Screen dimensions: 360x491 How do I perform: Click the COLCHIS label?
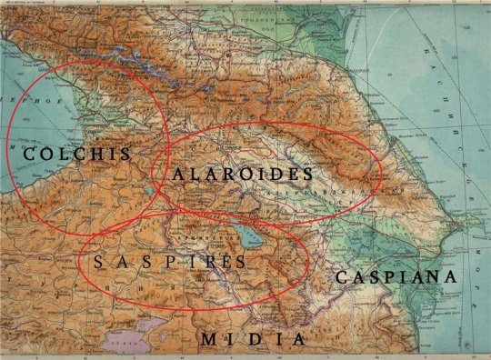(x=76, y=154)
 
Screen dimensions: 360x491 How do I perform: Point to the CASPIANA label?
(x=395, y=276)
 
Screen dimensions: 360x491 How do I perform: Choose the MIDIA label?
(x=253, y=339)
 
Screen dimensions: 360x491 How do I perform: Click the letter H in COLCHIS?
(x=93, y=154)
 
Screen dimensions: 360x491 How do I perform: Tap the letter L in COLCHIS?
(x=61, y=154)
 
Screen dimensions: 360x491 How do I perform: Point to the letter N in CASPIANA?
(x=434, y=276)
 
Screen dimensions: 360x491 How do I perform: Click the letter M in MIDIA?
(x=210, y=339)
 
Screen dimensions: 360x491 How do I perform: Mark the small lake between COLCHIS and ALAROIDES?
(x=146, y=192)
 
